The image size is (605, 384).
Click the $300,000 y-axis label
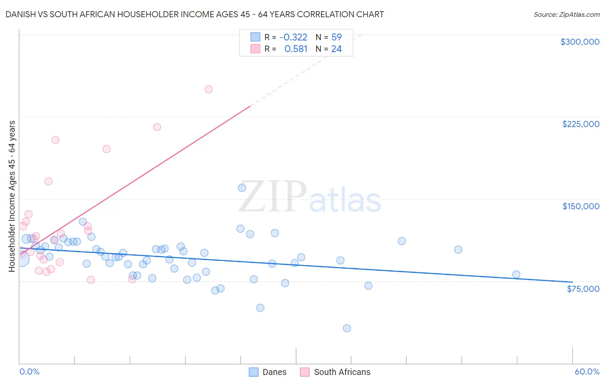point(580,42)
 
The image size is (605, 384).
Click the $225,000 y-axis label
point(580,124)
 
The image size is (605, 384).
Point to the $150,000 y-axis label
point(580,206)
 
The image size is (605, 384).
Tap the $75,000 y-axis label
point(583,289)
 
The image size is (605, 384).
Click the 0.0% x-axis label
point(29,372)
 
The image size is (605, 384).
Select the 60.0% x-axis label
point(586,372)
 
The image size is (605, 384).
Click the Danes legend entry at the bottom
point(274,372)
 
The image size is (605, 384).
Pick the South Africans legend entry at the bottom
point(342,372)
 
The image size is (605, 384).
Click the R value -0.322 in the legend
point(293,37)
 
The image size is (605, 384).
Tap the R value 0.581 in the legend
point(296,49)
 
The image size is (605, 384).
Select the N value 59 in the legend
point(336,37)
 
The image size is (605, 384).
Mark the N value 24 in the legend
point(336,49)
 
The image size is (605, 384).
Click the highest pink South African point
point(209,90)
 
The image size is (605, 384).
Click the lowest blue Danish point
point(347,328)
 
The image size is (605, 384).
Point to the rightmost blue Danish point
point(516,275)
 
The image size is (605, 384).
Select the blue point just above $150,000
point(242,188)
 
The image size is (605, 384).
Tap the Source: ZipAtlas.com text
point(566,15)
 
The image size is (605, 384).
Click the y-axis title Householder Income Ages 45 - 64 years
point(12,196)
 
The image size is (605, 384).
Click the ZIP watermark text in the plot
point(272,197)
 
